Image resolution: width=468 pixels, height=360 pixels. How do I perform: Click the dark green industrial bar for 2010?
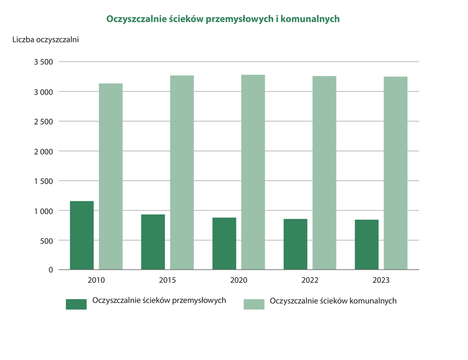pyautogui.click(x=81, y=235)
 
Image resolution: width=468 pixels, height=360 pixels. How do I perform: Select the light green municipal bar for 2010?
pyautogui.click(x=111, y=176)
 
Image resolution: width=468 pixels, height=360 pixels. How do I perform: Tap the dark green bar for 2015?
pyautogui.click(x=153, y=242)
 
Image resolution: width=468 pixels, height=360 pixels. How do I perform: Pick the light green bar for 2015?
pyautogui.click(x=182, y=172)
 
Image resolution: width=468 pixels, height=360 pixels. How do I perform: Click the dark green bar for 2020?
pyautogui.click(x=224, y=243)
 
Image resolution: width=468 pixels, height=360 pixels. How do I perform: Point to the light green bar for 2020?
pyautogui.click(x=253, y=172)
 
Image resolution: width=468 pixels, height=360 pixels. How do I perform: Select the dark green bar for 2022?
pyautogui.click(x=295, y=244)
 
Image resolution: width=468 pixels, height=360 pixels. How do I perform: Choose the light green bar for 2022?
pyautogui.click(x=324, y=173)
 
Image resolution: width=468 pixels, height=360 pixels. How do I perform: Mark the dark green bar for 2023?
pyautogui.click(x=366, y=244)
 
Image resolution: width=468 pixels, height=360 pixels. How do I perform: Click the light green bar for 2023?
pyautogui.click(x=395, y=173)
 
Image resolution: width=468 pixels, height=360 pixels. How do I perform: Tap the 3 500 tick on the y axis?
pyautogui.click(x=43, y=62)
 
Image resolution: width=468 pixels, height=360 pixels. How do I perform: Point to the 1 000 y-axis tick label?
pyautogui.click(x=43, y=211)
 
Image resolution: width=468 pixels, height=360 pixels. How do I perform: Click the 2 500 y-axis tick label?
pyautogui.click(x=43, y=122)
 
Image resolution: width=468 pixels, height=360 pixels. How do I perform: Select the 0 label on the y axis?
pyautogui.click(x=50, y=270)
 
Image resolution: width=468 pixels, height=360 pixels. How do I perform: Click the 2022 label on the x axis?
pyautogui.click(x=309, y=281)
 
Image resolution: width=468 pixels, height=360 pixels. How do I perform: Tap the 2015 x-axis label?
pyautogui.click(x=167, y=281)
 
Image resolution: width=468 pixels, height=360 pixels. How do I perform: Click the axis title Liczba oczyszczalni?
pyautogui.click(x=45, y=40)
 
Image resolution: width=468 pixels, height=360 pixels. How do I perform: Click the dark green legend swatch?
pyautogui.click(x=76, y=304)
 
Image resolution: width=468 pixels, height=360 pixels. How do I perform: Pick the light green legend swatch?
pyautogui.click(x=254, y=304)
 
